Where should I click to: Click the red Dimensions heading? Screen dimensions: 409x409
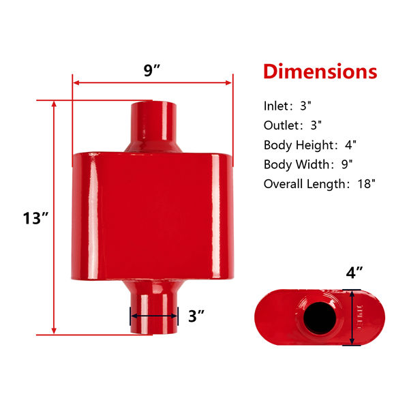coord(320,71)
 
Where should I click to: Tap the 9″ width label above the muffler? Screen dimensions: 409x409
coord(151,70)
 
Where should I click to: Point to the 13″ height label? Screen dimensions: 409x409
coord(35,218)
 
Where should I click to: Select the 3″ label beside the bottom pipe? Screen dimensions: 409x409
coord(196,316)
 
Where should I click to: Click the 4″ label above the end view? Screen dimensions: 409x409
coord(354,273)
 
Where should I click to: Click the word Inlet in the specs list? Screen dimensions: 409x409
coord(275,106)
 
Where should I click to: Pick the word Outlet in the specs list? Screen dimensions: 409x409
coord(281,125)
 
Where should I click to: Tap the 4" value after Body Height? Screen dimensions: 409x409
coord(350,145)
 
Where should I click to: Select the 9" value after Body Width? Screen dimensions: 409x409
coord(347,164)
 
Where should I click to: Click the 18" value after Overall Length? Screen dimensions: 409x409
coord(367,184)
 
